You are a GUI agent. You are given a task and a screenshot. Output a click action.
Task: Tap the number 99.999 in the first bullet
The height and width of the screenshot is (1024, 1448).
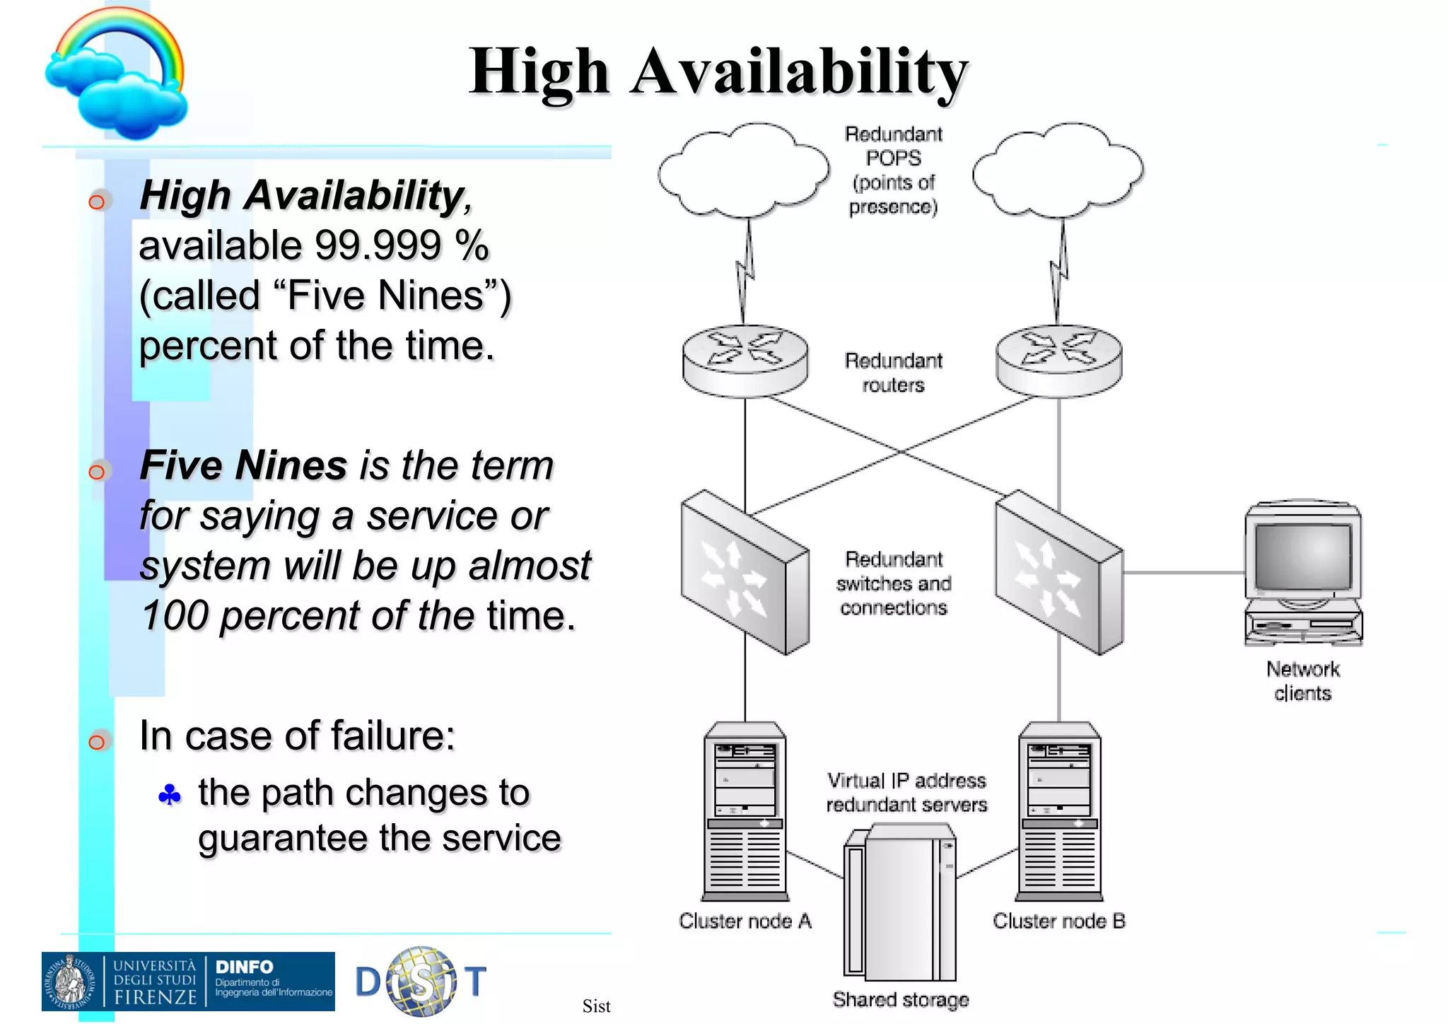pyautogui.click(x=378, y=245)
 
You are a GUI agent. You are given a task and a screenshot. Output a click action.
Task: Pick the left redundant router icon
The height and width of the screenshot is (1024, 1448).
pyautogui.click(x=745, y=360)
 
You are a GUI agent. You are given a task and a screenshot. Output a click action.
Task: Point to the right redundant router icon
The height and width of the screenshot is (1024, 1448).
pyautogui.click(x=1058, y=360)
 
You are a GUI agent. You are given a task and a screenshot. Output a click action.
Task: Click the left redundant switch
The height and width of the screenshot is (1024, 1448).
pyautogui.click(x=744, y=573)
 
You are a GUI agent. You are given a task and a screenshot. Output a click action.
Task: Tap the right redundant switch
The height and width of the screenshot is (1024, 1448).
pyautogui.click(x=1058, y=573)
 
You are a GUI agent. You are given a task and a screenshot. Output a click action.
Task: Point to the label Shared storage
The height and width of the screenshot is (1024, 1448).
pyautogui.click(x=900, y=999)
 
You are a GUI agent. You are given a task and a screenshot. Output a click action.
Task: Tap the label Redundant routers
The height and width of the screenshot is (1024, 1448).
pyautogui.click(x=893, y=373)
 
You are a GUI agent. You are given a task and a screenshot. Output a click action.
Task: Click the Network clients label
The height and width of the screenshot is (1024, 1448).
pyautogui.click(x=1302, y=680)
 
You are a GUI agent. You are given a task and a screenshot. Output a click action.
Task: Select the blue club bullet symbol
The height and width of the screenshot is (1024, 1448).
pyautogui.click(x=170, y=796)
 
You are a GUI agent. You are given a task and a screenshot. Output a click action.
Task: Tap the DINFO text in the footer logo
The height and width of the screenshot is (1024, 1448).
pyautogui.click(x=244, y=967)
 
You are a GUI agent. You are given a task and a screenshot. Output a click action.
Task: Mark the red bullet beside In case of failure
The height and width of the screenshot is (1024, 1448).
pyautogui.click(x=97, y=742)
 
